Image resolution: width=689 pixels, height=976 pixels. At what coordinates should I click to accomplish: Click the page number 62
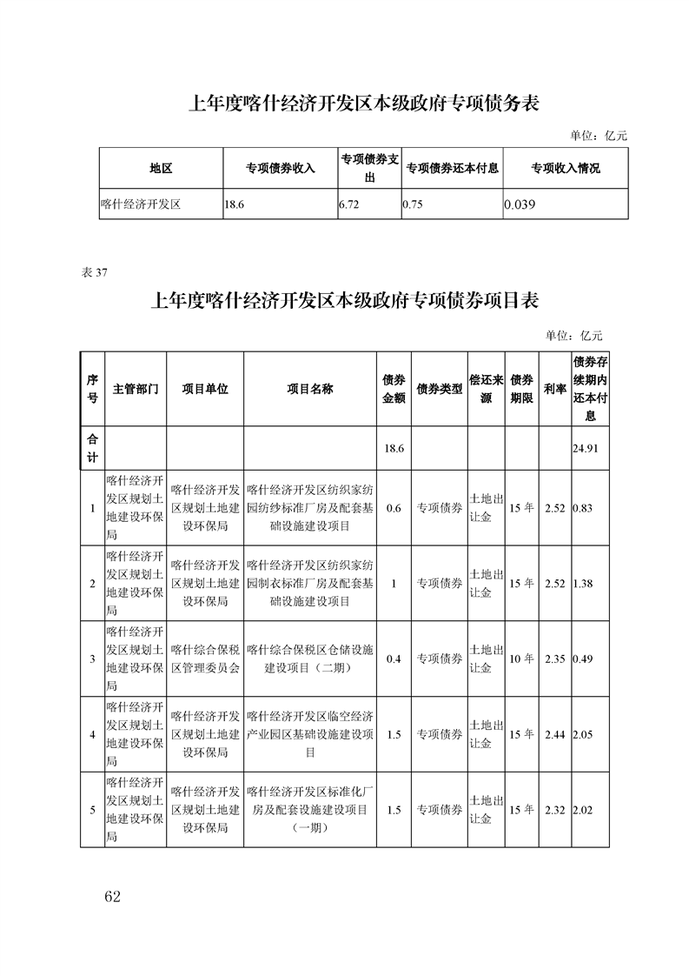click(109, 897)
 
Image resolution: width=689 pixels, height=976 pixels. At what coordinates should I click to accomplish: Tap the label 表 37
click(94, 272)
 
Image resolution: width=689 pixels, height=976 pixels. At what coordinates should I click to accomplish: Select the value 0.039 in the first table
click(520, 205)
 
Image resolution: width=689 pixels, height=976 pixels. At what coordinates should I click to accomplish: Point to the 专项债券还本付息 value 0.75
click(413, 205)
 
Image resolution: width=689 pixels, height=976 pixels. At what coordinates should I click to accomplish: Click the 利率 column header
click(554, 390)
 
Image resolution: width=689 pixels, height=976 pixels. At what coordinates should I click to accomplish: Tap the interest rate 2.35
click(554, 659)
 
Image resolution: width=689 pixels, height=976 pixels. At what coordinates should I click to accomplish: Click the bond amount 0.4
click(394, 659)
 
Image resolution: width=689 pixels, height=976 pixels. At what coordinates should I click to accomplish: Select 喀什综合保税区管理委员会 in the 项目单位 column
click(205, 658)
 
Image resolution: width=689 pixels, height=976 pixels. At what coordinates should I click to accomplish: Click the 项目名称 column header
click(310, 390)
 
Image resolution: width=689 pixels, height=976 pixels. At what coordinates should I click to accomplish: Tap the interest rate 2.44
click(554, 735)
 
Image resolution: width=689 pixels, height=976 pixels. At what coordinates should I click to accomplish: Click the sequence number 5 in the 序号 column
click(92, 811)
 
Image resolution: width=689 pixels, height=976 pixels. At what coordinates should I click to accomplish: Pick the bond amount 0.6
click(394, 508)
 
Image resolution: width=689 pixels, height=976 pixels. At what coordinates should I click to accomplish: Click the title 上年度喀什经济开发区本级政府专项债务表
click(365, 104)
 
